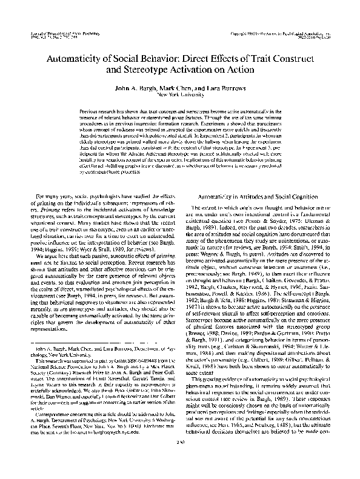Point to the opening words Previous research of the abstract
click(101, 113)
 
